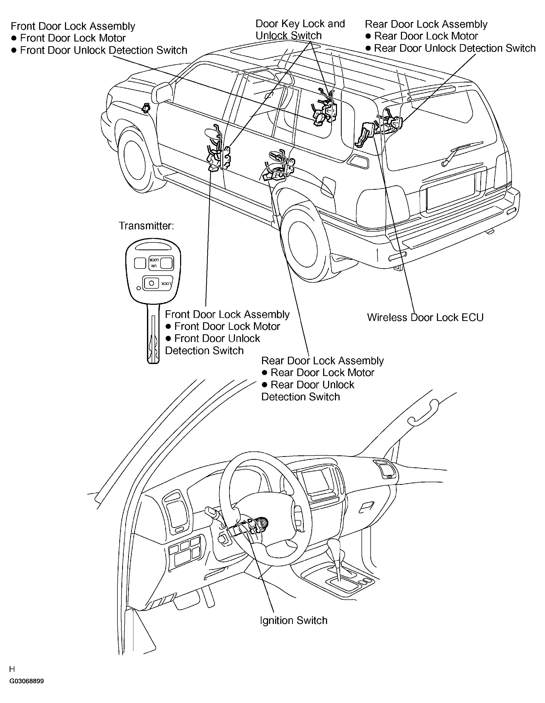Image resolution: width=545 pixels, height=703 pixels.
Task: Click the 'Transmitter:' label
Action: click(x=146, y=226)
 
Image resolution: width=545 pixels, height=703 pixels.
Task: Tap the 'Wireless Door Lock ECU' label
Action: click(x=425, y=317)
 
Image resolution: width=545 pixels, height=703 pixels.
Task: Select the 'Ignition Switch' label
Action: click(x=293, y=620)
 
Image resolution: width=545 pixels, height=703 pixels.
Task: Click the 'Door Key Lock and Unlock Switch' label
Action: click(x=300, y=29)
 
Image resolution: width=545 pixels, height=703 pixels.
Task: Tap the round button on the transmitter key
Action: click(x=152, y=283)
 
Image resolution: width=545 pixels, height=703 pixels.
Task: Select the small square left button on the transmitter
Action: click(x=140, y=263)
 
